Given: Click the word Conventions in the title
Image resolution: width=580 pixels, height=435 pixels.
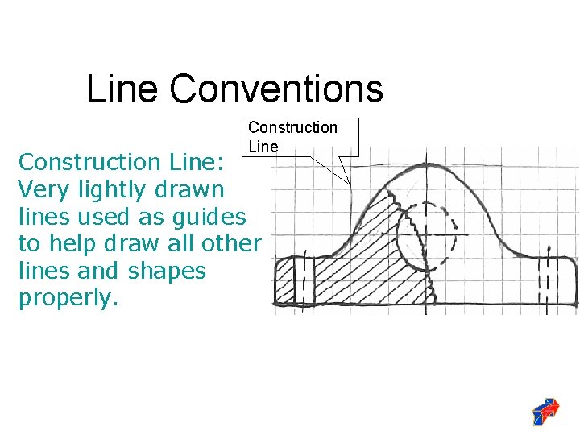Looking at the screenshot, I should coord(276,89).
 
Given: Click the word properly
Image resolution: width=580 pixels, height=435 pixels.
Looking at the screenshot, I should coord(68,298).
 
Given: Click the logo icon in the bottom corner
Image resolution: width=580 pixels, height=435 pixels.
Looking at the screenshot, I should coord(545,411).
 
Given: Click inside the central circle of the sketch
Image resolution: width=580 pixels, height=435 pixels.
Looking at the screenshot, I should coord(426,234).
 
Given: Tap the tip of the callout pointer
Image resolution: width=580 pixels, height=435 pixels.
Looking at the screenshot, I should coord(351,185).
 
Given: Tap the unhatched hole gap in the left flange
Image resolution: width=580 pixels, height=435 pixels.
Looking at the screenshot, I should coord(303,281).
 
